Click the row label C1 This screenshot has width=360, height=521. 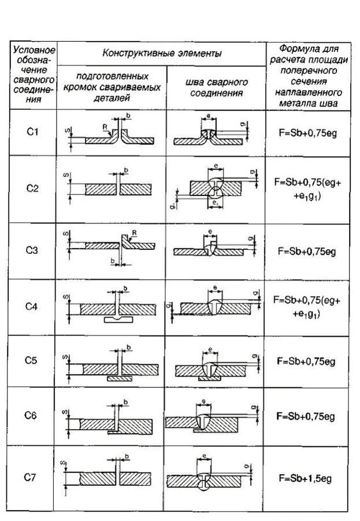point(33,133)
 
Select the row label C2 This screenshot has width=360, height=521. point(33,189)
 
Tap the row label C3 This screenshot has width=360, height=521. point(33,250)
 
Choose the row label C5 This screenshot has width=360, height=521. point(33,361)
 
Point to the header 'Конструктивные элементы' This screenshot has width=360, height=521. point(162,54)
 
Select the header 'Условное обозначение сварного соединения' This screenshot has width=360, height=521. point(33,75)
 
